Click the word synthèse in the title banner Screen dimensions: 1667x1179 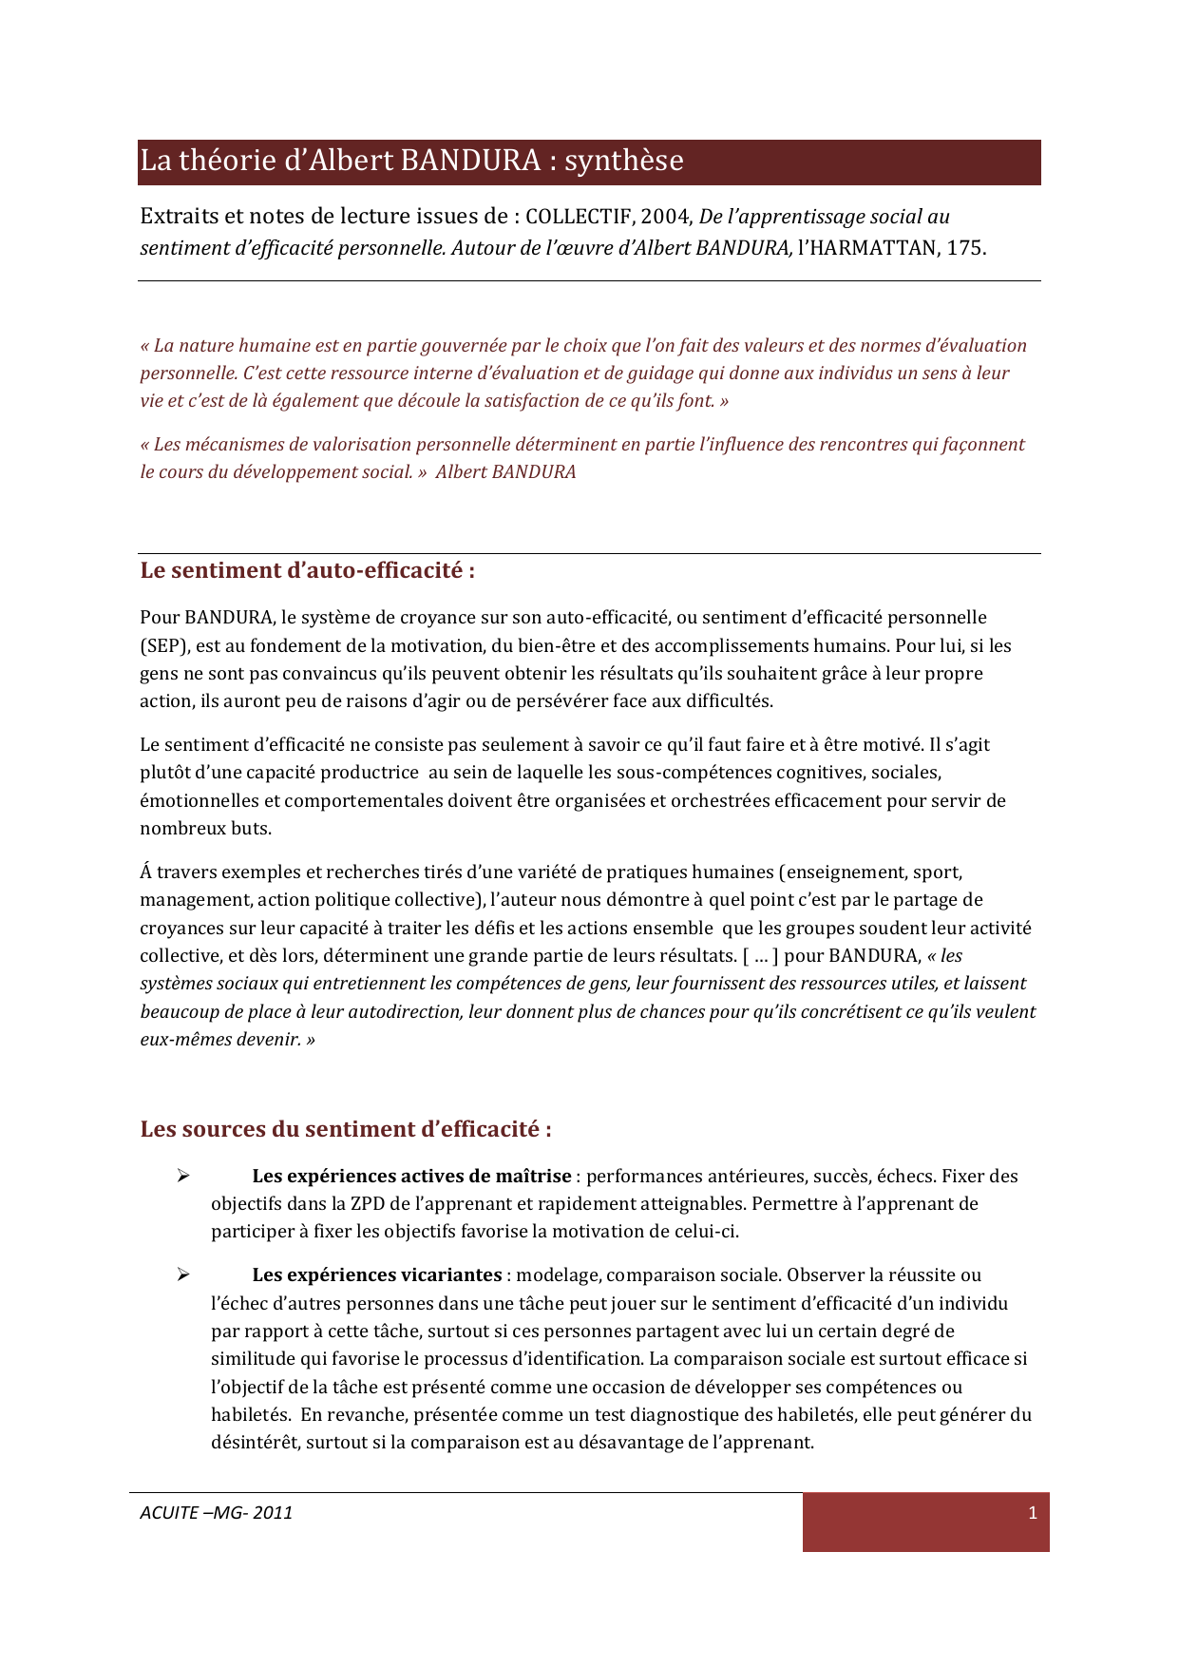click(x=623, y=161)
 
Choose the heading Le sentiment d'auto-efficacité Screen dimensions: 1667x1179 click(x=307, y=571)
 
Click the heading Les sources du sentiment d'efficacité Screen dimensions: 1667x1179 click(x=346, y=1130)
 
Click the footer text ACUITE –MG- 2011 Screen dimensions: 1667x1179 click(x=217, y=1513)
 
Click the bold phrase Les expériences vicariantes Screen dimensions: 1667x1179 click(x=377, y=1275)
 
